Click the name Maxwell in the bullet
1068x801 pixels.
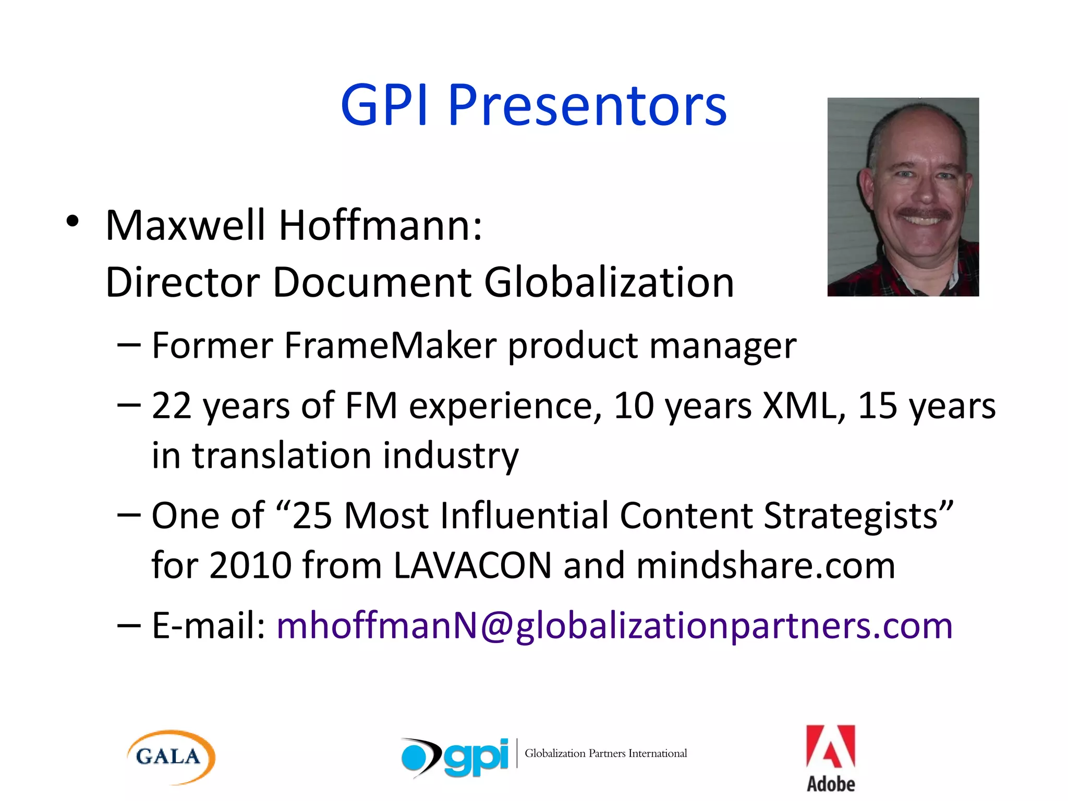(x=185, y=226)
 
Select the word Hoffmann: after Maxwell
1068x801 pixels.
(x=381, y=226)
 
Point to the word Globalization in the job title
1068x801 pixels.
(x=609, y=283)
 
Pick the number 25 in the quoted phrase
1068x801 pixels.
(x=312, y=516)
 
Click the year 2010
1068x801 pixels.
(x=250, y=565)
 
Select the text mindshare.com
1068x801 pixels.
(x=766, y=565)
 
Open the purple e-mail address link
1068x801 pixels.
(x=614, y=625)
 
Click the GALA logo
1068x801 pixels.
(x=170, y=757)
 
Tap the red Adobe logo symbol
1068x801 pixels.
(x=830, y=746)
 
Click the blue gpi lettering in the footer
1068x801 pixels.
(x=476, y=757)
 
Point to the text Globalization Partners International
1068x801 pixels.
(x=605, y=753)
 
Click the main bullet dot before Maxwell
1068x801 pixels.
(x=72, y=221)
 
